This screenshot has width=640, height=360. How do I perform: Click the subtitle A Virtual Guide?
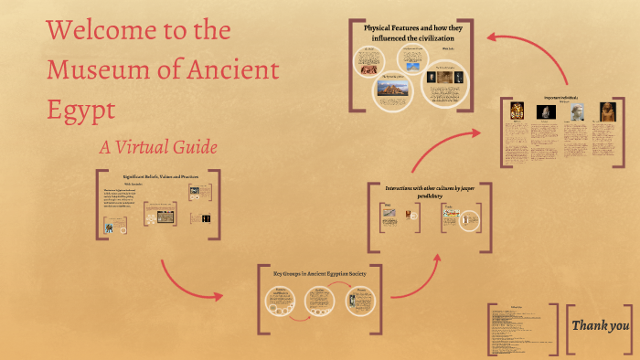point(158,146)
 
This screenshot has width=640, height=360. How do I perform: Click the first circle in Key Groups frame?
point(279,301)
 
